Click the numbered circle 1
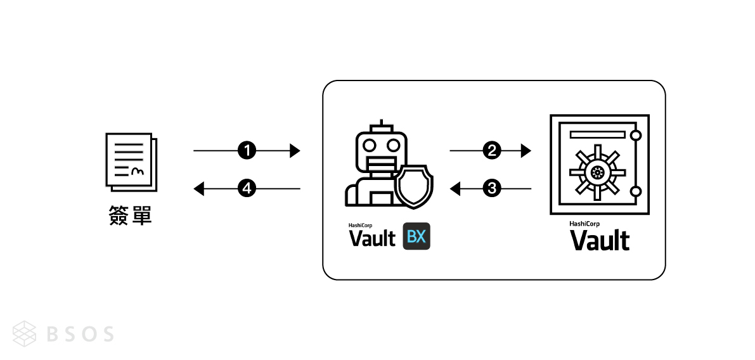coord(247,150)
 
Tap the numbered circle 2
coord(491,150)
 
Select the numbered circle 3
coord(491,188)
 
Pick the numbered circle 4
coord(247,188)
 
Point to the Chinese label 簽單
coord(130,216)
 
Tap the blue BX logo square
coord(416,237)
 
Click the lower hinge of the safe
coord(636,191)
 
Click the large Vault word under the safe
coord(600,241)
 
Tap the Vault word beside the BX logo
coord(372,238)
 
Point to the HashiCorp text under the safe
coord(584,223)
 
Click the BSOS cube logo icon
coord(25,333)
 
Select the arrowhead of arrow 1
coord(294,150)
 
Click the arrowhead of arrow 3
coord(455,188)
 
